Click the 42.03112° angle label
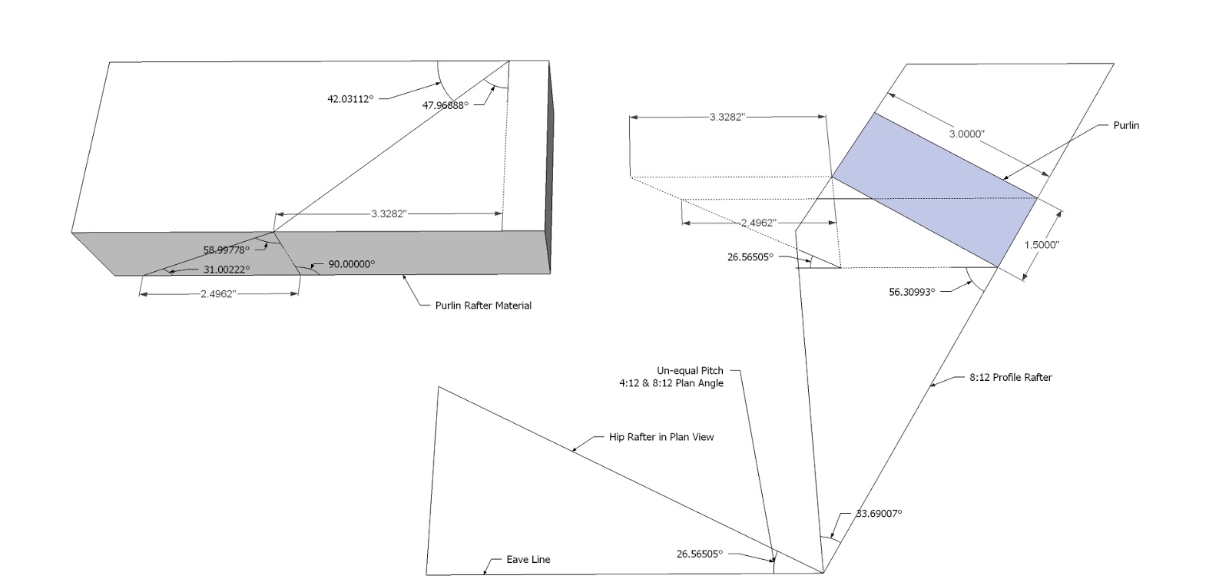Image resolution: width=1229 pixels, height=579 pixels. (x=349, y=98)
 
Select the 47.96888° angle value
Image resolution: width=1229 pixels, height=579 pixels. (x=445, y=105)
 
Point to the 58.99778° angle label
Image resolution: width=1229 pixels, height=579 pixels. (x=226, y=250)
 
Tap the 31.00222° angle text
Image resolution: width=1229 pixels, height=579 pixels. (x=226, y=269)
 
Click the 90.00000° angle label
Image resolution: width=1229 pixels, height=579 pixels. (x=352, y=263)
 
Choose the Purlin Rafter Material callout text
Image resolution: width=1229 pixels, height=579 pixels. (x=483, y=305)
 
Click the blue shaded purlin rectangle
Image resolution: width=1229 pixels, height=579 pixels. (x=936, y=189)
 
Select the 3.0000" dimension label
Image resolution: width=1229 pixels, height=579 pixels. (x=966, y=134)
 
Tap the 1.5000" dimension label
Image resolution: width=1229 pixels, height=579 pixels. (x=1042, y=244)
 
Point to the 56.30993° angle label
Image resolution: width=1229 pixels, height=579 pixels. (x=912, y=292)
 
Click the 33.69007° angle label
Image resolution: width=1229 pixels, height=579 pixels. (x=879, y=513)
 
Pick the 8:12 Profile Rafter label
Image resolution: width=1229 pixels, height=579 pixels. (x=1010, y=377)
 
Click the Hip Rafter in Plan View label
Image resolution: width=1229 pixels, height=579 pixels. (x=661, y=437)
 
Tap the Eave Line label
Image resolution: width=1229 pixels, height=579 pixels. (x=528, y=559)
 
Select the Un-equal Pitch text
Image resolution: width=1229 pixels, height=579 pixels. (x=690, y=370)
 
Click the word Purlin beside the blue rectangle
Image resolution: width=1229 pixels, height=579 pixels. (x=1126, y=125)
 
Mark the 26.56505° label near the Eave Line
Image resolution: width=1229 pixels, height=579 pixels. (x=700, y=554)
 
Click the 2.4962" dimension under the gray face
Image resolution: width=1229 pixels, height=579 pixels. (x=217, y=293)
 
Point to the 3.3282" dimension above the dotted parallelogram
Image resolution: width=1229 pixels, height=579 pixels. (x=727, y=117)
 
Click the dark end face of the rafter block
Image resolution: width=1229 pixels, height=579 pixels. (x=548, y=165)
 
